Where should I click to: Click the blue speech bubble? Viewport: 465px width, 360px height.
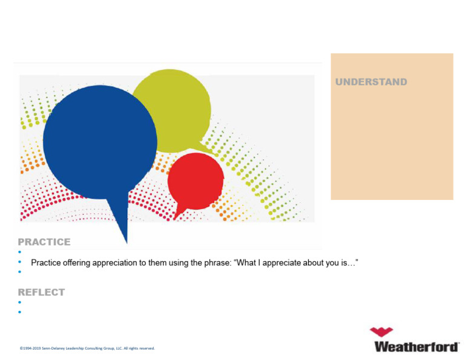point(100,142)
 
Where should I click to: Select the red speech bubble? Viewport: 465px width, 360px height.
point(196,181)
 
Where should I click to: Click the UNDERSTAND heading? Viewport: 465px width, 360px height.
point(371,82)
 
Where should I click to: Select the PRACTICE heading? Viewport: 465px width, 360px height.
point(44,242)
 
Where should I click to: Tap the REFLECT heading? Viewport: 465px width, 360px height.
point(41,292)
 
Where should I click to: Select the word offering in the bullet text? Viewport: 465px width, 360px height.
point(76,263)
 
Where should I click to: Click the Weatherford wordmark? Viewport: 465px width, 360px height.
point(417,347)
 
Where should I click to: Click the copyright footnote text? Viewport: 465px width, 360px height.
point(87,348)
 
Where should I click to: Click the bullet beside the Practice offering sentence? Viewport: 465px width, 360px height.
point(19,262)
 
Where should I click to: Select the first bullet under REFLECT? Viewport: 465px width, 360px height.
point(19,302)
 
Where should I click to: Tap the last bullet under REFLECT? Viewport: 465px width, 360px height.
point(19,312)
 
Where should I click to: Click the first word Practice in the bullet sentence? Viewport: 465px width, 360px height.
point(45,262)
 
